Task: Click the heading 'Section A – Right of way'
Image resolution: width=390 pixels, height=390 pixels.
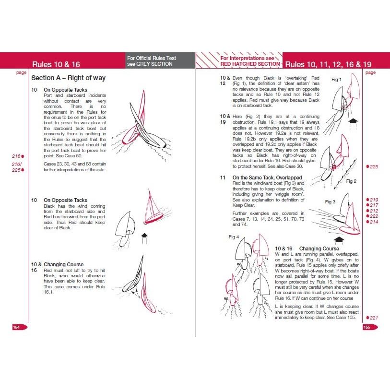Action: coord(68,78)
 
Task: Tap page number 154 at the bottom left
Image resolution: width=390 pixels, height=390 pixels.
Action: coord(17,327)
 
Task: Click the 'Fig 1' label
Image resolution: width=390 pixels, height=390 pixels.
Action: coord(337,80)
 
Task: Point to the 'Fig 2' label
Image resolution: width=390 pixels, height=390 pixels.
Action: coord(352,181)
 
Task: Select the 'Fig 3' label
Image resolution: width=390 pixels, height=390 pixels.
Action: coord(330,201)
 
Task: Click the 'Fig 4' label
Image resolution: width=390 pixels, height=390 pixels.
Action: coord(234,237)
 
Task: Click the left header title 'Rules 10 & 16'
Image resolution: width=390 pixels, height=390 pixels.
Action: coord(56,64)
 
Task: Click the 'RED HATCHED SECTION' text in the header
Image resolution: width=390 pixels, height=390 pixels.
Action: coord(249,64)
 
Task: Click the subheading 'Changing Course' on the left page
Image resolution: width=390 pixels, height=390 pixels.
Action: coord(63,264)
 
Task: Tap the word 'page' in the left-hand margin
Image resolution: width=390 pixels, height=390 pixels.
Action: coord(21,73)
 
